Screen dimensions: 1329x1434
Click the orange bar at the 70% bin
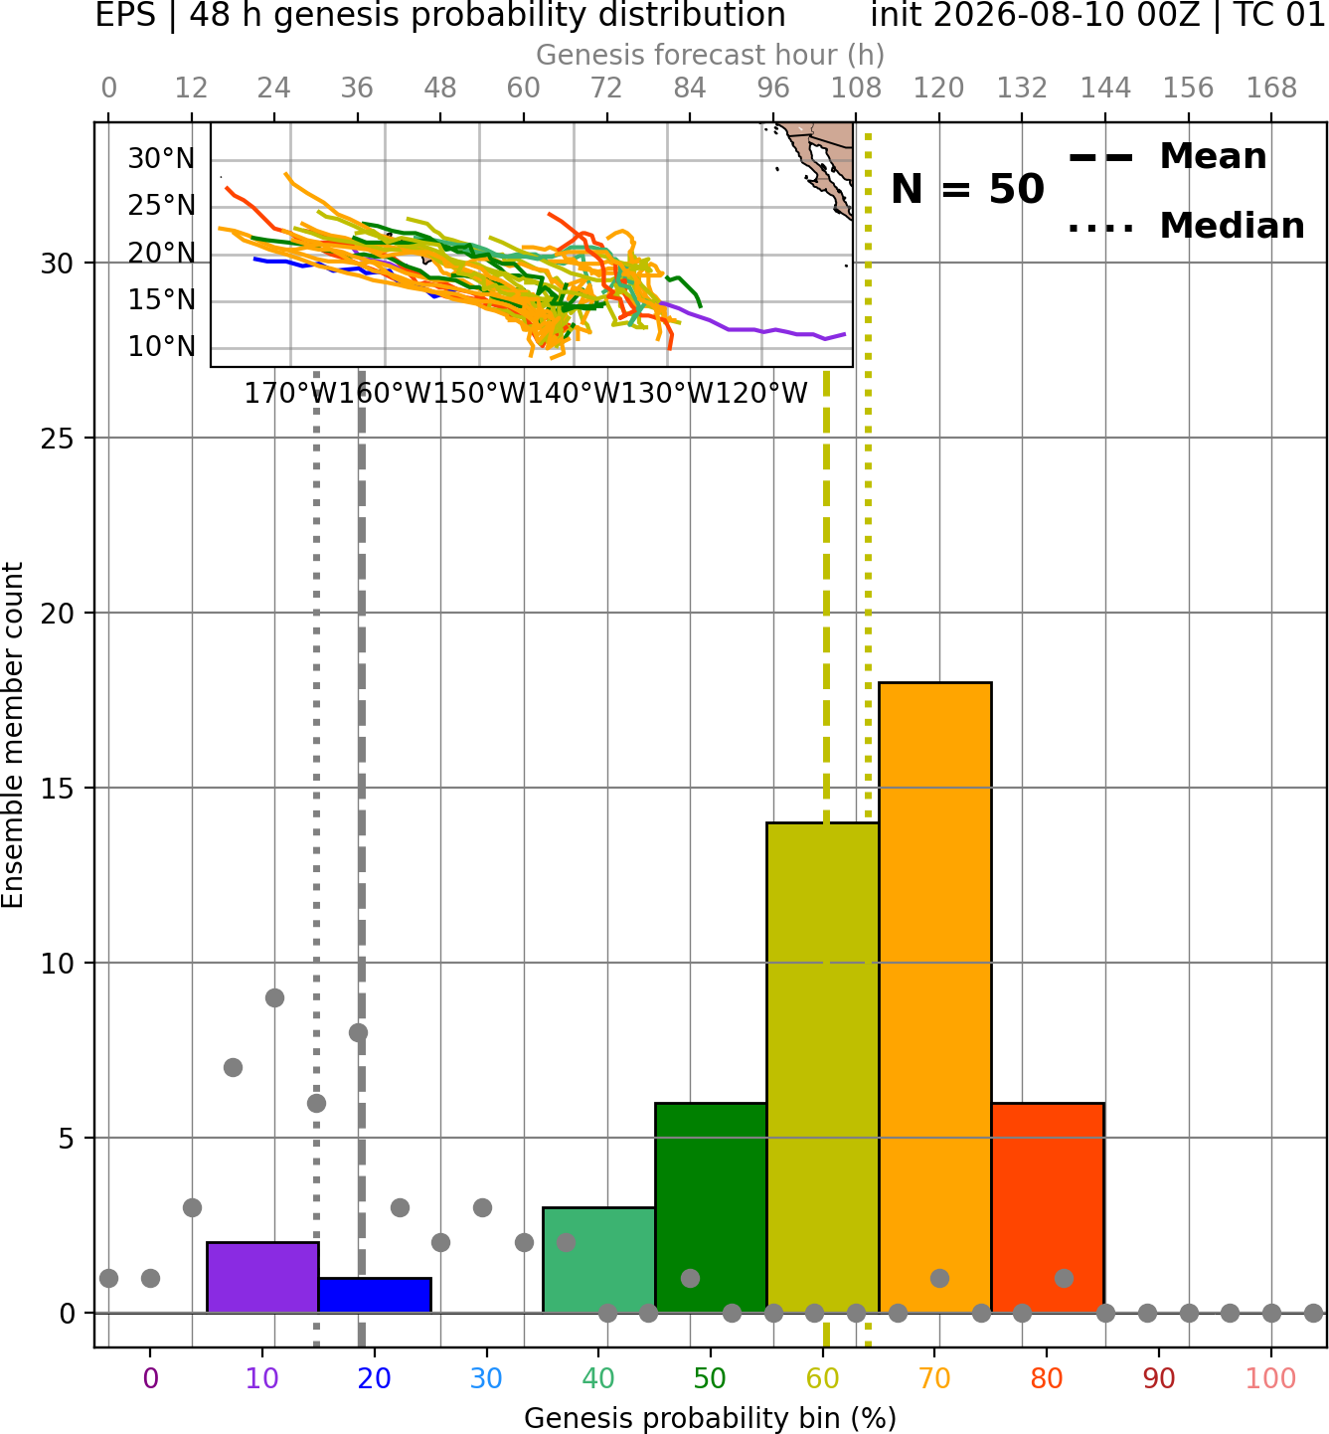[x=934, y=997]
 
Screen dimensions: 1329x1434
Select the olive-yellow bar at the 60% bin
[x=823, y=1067]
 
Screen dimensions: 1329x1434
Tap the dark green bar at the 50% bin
[x=711, y=1207]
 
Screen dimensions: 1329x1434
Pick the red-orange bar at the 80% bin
[x=1048, y=1207]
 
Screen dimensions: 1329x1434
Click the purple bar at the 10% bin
[x=262, y=1277]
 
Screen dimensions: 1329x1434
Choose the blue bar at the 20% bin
[x=375, y=1295]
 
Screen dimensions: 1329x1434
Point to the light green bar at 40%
[x=598, y=1260]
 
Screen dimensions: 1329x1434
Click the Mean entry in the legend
[x=1167, y=157]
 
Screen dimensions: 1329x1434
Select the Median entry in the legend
[x=1186, y=226]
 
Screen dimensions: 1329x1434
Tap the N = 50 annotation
[x=967, y=189]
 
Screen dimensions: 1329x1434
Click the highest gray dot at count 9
[x=274, y=997]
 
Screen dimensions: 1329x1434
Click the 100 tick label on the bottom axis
[x=1270, y=1378]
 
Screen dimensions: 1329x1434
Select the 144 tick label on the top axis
[x=1105, y=89]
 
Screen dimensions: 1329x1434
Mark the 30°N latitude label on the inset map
[x=162, y=159]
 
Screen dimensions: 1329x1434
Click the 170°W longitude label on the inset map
[x=289, y=394]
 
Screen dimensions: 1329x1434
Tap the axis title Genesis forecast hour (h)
[x=711, y=55]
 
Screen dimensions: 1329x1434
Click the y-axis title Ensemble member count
[x=12, y=735]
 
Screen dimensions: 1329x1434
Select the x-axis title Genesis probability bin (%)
[x=711, y=1418]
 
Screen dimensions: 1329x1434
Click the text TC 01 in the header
[x=1280, y=15]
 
